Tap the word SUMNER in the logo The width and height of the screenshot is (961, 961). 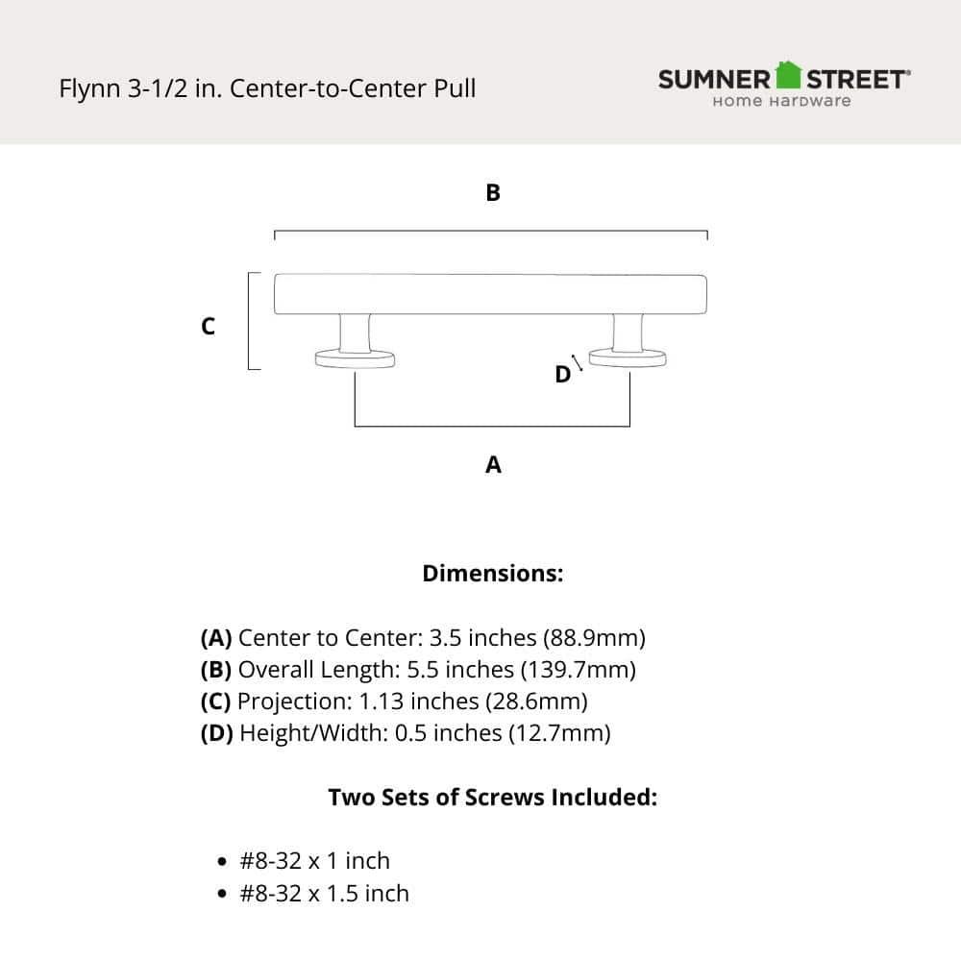point(715,79)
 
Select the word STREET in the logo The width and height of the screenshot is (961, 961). point(854,79)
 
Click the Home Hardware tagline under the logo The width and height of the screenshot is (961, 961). point(781,101)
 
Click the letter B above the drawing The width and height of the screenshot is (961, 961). point(493,193)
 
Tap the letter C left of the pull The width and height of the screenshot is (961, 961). point(208,327)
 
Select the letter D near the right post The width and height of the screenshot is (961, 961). point(562,375)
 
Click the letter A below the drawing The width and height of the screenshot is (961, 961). point(493,465)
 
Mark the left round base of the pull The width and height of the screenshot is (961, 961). point(356,359)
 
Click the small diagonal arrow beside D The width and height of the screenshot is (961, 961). point(578,362)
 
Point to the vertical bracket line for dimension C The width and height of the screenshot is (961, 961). point(250,321)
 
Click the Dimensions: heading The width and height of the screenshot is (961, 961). point(492,574)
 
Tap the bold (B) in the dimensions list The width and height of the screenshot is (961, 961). point(216,670)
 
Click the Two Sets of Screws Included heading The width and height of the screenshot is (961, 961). point(492,798)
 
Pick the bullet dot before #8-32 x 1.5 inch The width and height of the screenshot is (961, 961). point(223,895)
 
